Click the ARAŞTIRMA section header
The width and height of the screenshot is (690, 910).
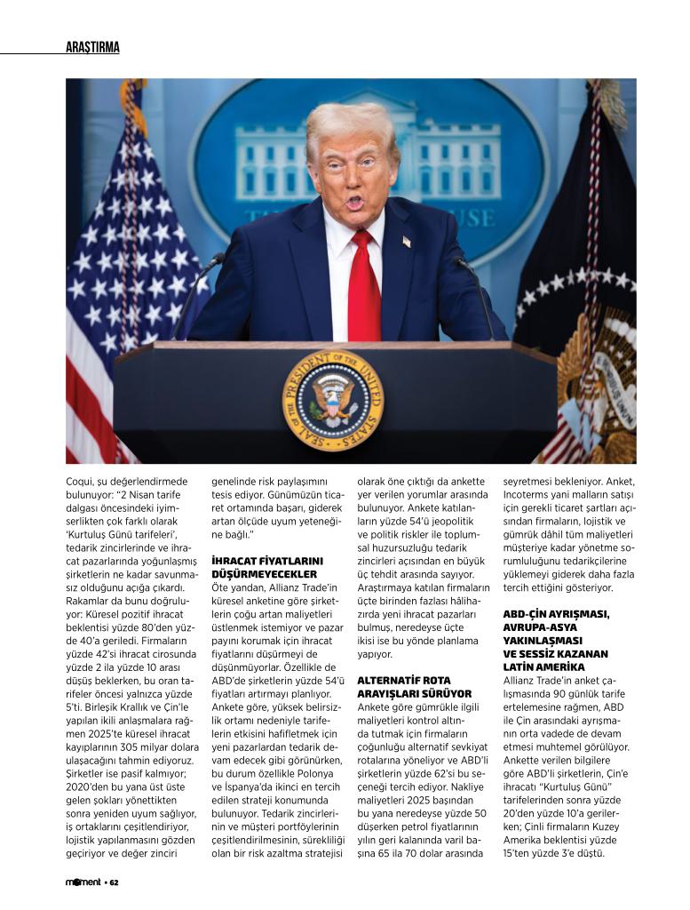92,47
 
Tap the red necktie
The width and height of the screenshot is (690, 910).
363,284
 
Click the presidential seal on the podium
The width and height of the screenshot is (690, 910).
332,400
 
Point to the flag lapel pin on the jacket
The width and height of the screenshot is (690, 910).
407,241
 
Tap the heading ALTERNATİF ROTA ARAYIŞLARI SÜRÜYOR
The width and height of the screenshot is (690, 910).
414,686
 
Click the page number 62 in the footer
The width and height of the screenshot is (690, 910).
115,882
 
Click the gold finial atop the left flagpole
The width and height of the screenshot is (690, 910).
134,89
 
